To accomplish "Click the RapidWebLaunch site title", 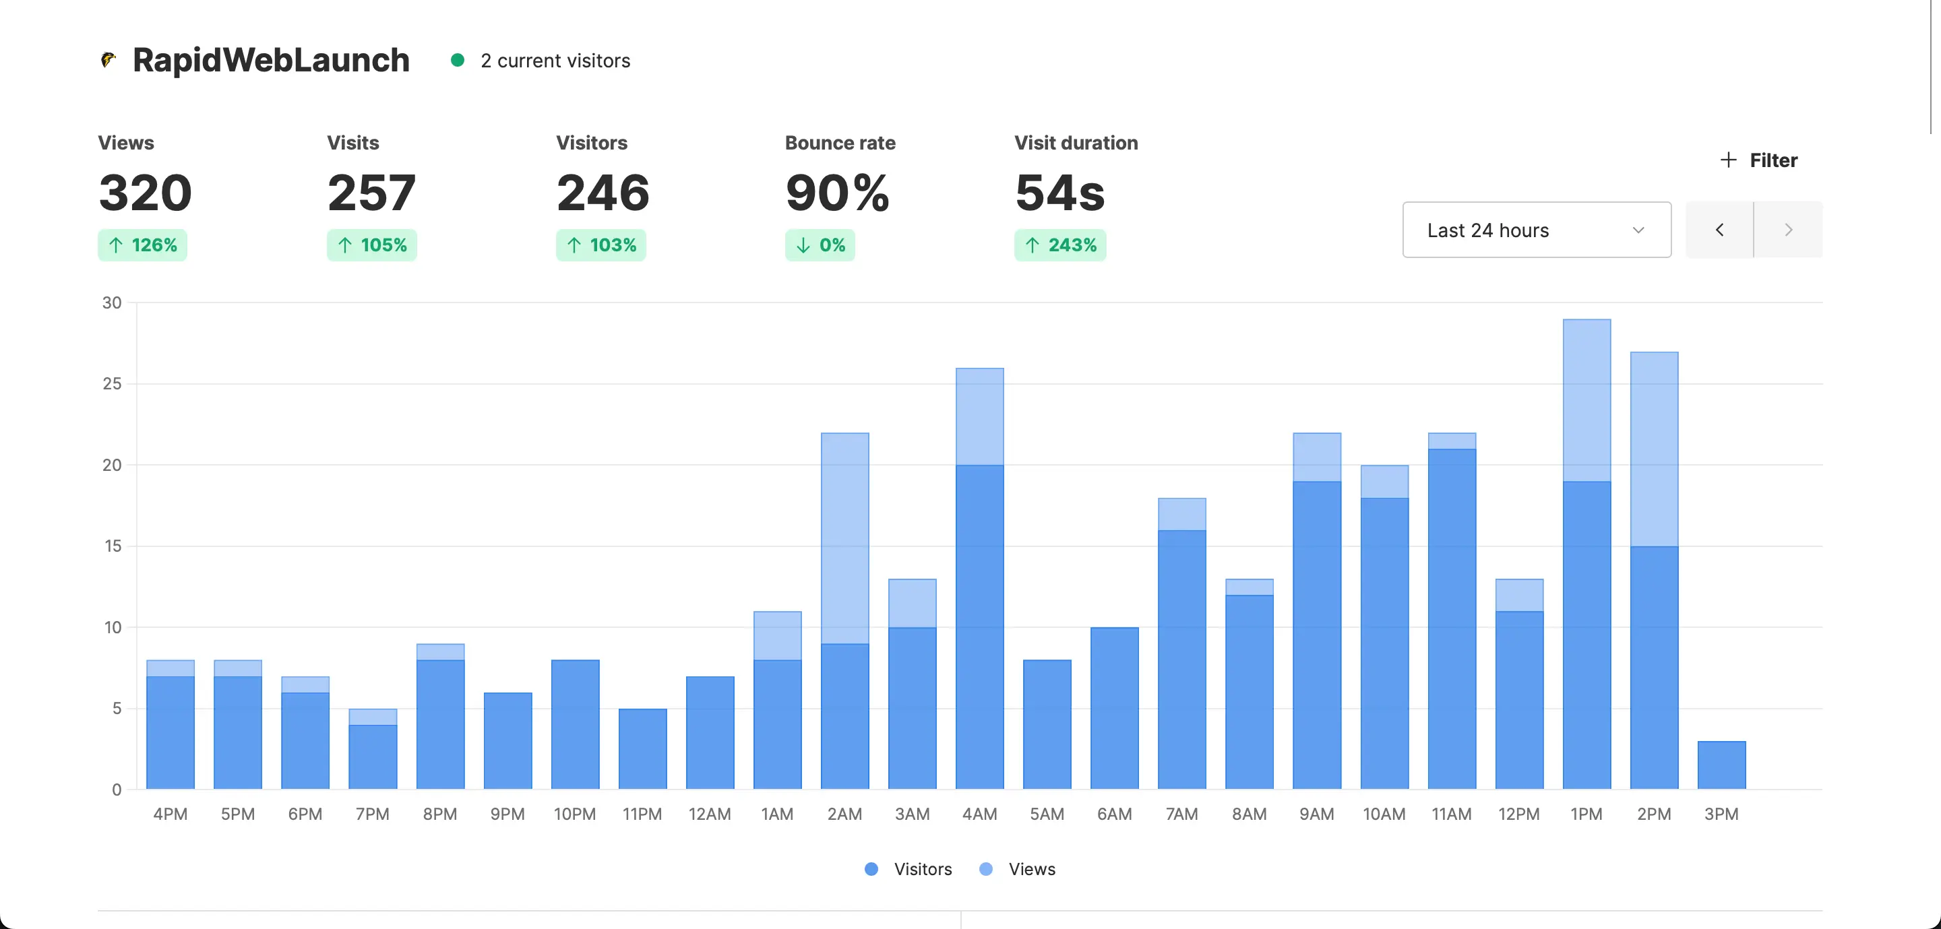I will pyautogui.click(x=270, y=60).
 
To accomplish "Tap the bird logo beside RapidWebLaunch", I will pyautogui.click(x=109, y=59).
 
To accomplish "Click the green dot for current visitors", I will pyautogui.click(x=458, y=60).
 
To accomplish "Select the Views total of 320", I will pyautogui.click(x=146, y=192).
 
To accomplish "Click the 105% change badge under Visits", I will pyautogui.click(x=371, y=245).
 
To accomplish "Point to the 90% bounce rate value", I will pyautogui.click(x=837, y=192).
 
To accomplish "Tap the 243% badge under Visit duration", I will pyautogui.click(x=1059, y=245).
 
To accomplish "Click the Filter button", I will pyautogui.click(x=1758, y=160).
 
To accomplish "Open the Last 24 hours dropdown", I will pyautogui.click(x=1537, y=230).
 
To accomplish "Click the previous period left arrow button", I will pyautogui.click(x=1719, y=230).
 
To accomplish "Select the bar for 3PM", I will pyautogui.click(x=1721, y=765).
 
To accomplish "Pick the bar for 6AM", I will pyautogui.click(x=1115, y=708).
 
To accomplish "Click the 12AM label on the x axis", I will pyautogui.click(x=709, y=814).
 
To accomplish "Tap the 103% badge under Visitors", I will pyautogui.click(x=600, y=245).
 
